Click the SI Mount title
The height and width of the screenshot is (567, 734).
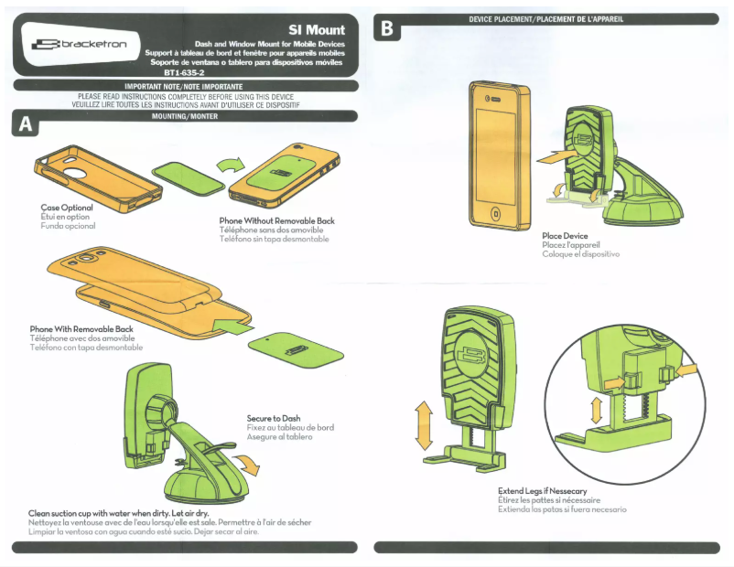coord(316,30)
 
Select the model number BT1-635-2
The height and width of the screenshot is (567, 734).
coord(184,72)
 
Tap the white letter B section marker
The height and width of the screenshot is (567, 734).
coord(387,29)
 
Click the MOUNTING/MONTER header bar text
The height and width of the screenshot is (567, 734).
coord(184,116)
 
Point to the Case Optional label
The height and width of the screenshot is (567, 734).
coord(67,208)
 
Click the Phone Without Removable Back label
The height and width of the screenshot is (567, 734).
coord(276,221)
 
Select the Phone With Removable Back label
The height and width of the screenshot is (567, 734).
coord(81,329)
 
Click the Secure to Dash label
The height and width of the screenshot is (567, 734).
coord(274,419)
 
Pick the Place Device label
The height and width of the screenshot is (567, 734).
coord(565,236)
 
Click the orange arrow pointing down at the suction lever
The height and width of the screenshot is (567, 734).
coord(247,466)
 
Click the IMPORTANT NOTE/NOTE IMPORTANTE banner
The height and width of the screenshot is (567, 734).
coord(184,85)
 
